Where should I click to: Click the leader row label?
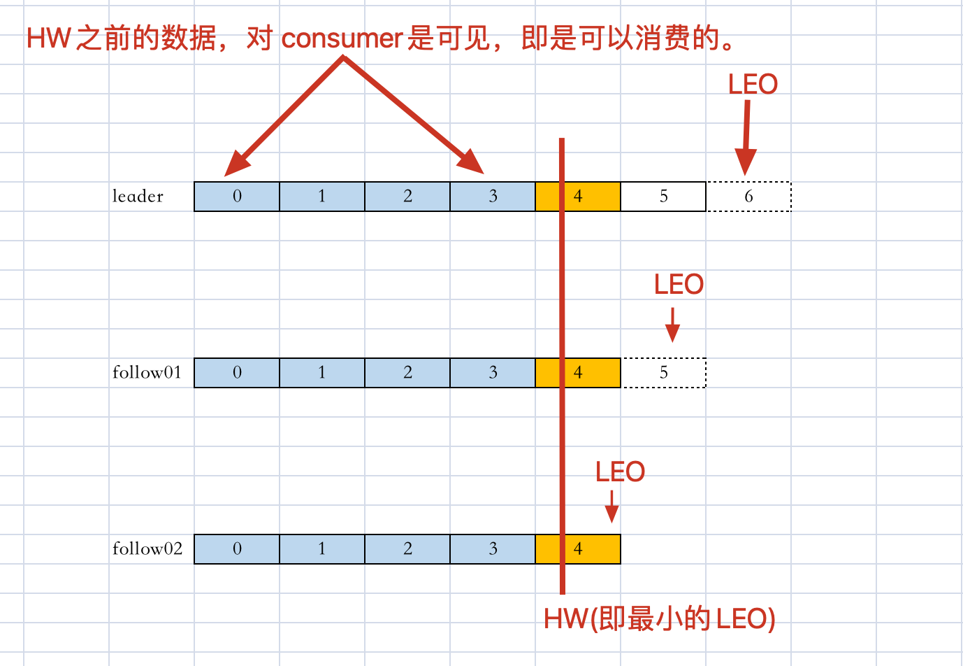pyautogui.click(x=138, y=197)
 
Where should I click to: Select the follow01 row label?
pyautogui.click(x=147, y=373)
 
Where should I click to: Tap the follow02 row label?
pyautogui.click(x=147, y=549)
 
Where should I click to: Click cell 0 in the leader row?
pyautogui.click(x=237, y=197)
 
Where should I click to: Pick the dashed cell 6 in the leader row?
pyautogui.click(x=748, y=197)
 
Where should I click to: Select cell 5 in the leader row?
pyautogui.click(x=663, y=197)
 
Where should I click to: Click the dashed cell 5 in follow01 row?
pyautogui.click(x=663, y=373)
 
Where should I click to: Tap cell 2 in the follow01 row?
pyautogui.click(x=407, y=373)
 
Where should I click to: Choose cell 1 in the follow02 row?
pyautogui.click(x=322, y=549)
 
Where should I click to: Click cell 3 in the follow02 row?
pyautogui.click(x=493, y=549)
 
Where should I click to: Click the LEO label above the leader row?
pyautogui.click(x=753, y=85)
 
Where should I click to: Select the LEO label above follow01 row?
pyautogui.click(x=679, y=285)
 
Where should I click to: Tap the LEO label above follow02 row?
pyautogui.click(x=620, y=472)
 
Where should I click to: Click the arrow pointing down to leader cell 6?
pyautogui.click(x=746, y=137)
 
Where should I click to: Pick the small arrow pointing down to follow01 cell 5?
pyautogui.click(x=672, y=325)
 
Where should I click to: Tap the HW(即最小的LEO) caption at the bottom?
pyautogui.click(x=659, y=619)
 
